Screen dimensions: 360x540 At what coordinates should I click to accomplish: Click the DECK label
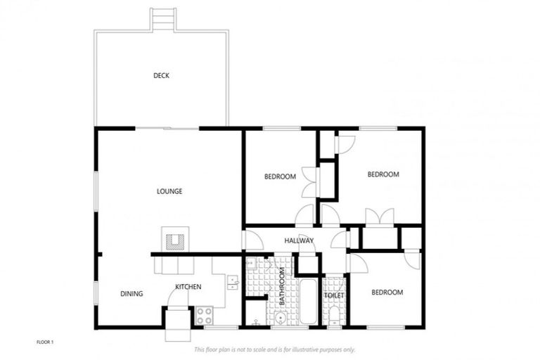click(162, 76)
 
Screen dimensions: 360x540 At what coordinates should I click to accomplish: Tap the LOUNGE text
click(169, 191)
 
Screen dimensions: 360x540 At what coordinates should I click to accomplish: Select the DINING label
click(131, 294)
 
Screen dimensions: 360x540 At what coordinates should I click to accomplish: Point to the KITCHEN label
click(188, 287)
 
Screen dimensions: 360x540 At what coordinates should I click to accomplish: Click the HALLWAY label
click(299, 241)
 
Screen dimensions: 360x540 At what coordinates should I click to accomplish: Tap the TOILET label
click(333, 296)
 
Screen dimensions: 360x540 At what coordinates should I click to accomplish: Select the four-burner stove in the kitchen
click(205, 314)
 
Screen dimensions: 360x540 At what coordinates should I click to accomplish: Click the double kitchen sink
click(232, 282)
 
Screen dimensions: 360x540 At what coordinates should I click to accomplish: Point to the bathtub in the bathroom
click(308, 302)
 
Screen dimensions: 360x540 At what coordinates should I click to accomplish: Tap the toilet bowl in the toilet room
click(334, 314)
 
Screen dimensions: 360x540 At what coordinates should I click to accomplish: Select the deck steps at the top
click(162, 18)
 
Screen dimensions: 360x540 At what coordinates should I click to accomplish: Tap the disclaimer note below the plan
click(274, 349)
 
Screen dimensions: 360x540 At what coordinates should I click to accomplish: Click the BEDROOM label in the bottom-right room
click(387, 292)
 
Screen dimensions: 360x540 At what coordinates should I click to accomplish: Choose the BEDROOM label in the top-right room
click(383, 174)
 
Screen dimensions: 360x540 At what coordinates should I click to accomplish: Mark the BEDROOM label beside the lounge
click(280, 176)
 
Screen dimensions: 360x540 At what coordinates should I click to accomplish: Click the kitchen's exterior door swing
click(176, 298)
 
